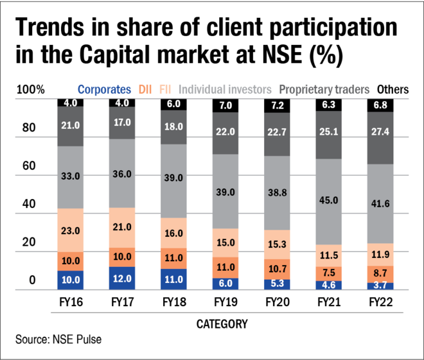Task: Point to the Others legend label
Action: tap(393, 89)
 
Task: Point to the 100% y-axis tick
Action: tap(30, 89)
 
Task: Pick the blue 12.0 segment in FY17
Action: tap(123, 279)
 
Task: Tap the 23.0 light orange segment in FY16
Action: tap(70, 230)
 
